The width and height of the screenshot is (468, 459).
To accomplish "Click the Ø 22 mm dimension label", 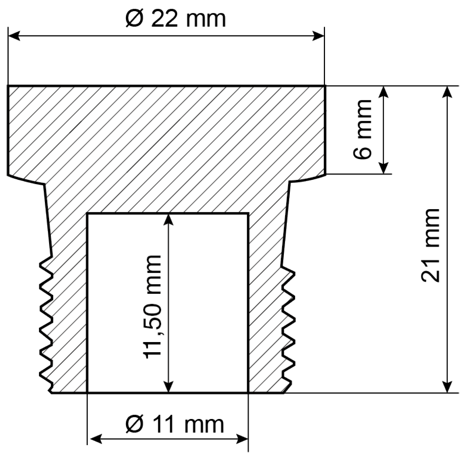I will [176, 19].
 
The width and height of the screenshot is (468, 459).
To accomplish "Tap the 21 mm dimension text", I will [430, 245].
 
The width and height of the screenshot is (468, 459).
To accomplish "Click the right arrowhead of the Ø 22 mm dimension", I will [318, 36].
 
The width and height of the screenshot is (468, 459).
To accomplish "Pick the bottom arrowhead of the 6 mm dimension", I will [383, 168].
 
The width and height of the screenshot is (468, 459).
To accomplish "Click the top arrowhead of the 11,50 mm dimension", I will [168, 220].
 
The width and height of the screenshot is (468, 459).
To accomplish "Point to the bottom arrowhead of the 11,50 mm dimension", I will [168, 387].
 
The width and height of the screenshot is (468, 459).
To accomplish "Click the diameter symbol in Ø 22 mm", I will [134, 19].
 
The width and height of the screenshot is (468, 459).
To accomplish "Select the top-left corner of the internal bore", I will [87, 214].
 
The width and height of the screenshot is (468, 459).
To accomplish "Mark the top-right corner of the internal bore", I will [248, 214].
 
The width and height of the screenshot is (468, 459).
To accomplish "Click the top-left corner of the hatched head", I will [8, 86].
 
